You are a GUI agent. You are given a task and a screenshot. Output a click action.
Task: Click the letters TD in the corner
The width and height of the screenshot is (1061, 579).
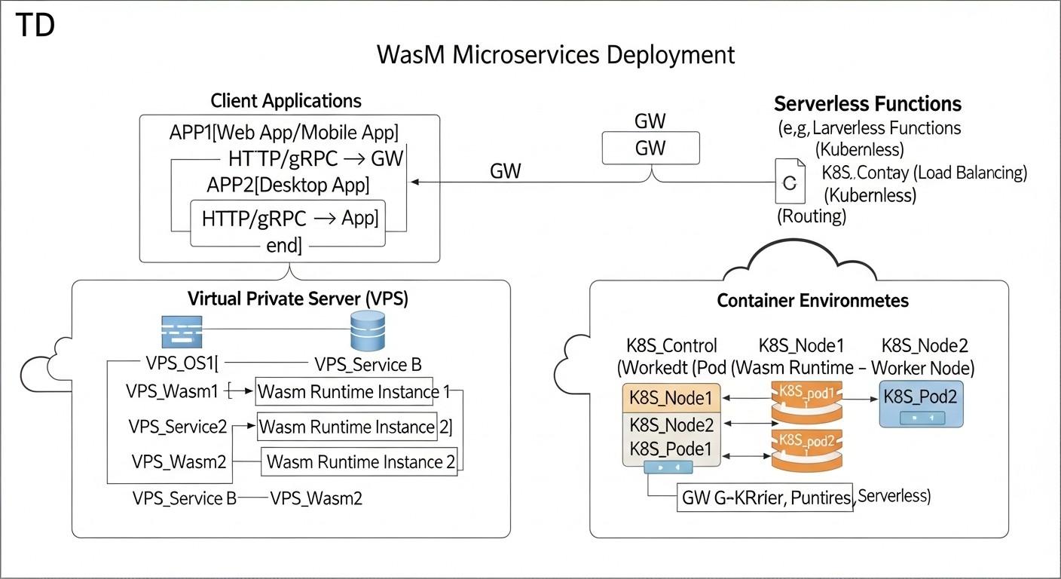[35, 26]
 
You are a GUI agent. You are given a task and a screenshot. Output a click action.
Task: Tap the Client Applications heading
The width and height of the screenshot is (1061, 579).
[286, 101]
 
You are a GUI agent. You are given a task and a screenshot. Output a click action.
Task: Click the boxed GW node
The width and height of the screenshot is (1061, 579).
[650, 148]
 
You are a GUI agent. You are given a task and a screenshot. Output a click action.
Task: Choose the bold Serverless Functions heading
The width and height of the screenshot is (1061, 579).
[867, 103]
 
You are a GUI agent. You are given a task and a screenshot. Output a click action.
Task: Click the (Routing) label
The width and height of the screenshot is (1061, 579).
[812, 217]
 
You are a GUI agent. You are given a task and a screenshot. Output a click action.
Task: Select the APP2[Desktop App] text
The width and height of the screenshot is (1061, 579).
[288, 185]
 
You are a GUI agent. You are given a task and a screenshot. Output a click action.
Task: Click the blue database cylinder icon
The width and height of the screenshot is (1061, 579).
[368, 331]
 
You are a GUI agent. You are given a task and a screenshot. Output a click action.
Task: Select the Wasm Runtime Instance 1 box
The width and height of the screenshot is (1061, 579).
[344, 392]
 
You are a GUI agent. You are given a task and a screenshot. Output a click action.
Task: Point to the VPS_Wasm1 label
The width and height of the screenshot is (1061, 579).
[173, 391]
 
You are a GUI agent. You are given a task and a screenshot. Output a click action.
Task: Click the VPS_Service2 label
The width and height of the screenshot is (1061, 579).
[178, 427]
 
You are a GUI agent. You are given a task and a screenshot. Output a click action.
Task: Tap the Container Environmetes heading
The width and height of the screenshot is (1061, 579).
[812, 301]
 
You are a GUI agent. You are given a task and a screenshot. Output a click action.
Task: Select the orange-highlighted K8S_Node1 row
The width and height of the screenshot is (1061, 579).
[671, 397]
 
